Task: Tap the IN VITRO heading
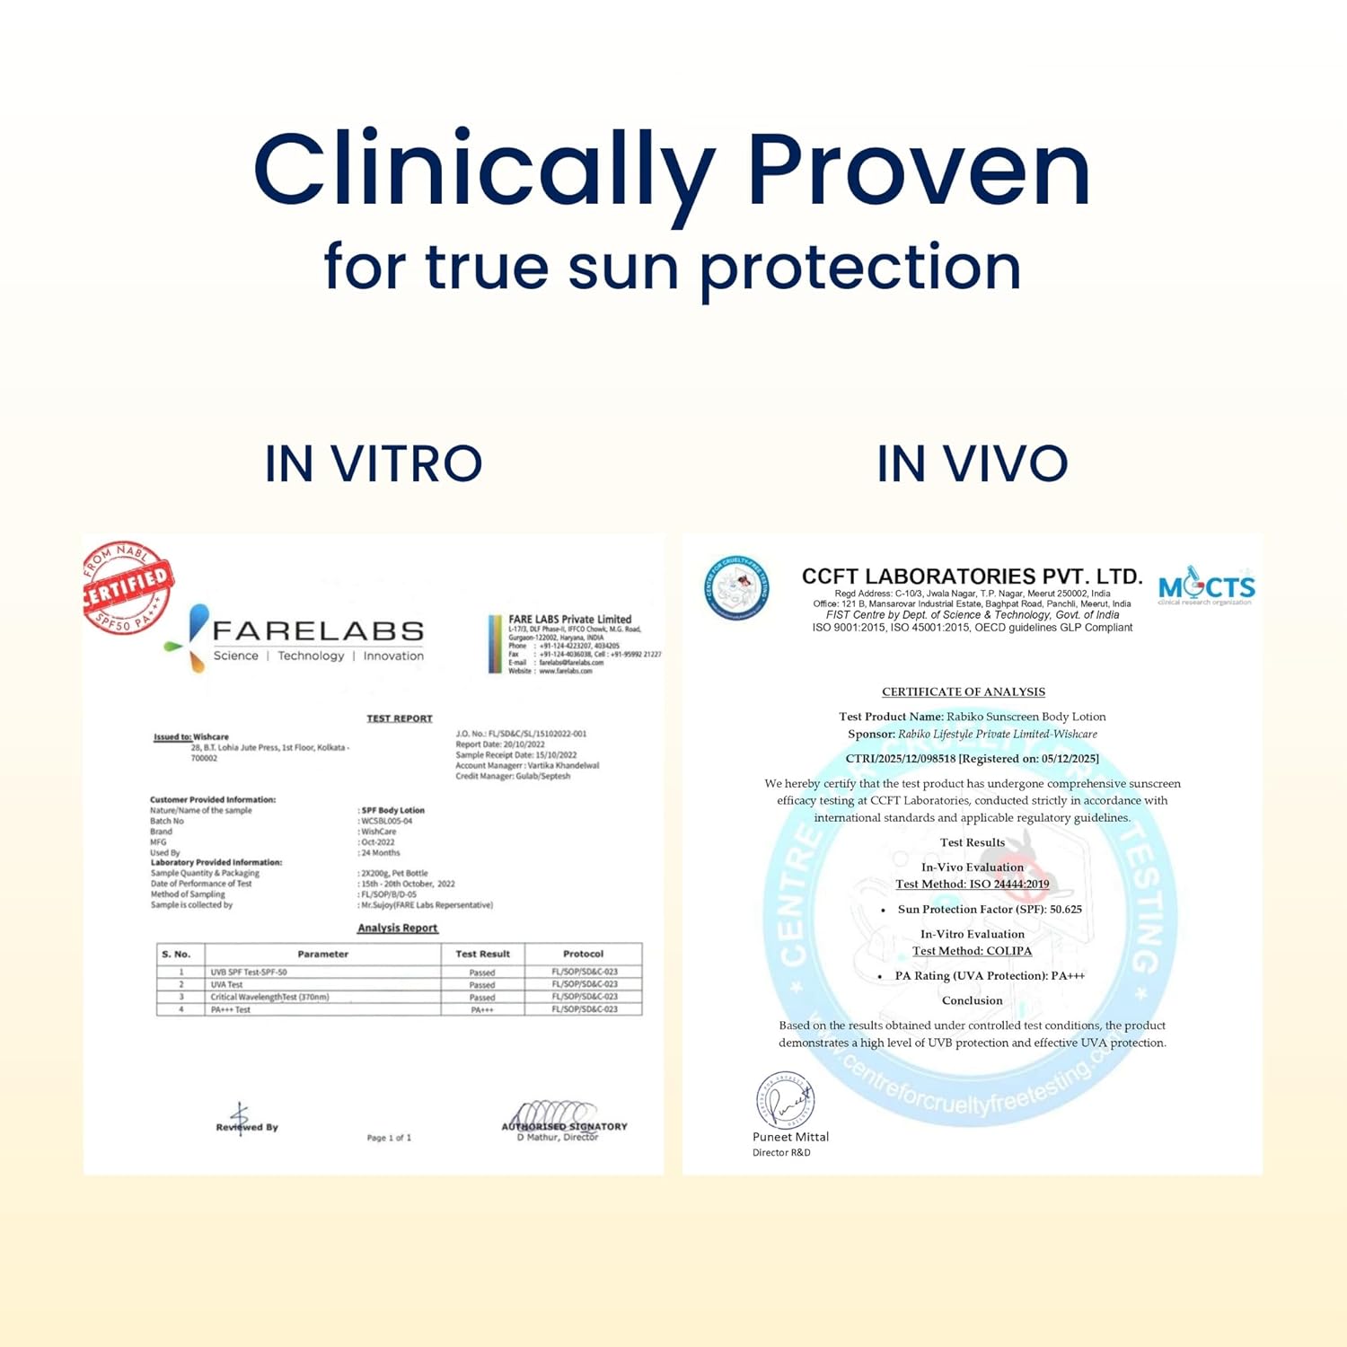pos(374,464)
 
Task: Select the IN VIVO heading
pos(973,464)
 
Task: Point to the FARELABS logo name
pos(318,631)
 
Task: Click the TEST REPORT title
pos(400,718)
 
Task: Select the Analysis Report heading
pos(397,928)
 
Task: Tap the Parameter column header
pos(322,954)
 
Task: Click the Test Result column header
pos(482,954)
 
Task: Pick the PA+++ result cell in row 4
pos(482,1010)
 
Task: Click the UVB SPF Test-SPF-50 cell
pos(249,973)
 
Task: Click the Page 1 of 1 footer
pos(389,1138)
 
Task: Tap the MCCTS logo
pos(1206,588)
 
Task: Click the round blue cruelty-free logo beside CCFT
pos(736,588)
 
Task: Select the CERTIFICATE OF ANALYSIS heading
pos(964,691)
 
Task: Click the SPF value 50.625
pos(1065,910)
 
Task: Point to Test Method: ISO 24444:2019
pos(973,885)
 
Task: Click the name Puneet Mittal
pos(790,1137)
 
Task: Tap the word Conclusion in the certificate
pos(973,1000)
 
